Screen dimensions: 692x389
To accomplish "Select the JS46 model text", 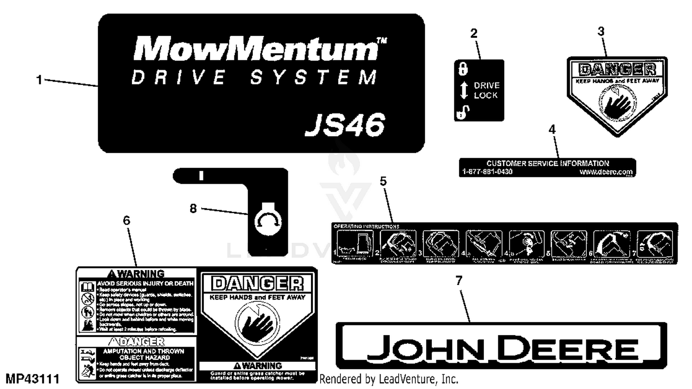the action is pos(345,125).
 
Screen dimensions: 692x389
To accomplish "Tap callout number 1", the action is pos(39,80).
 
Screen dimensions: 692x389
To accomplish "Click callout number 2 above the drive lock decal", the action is pos(474,33).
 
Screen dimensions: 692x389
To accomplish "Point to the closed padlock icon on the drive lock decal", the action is pos(463,69).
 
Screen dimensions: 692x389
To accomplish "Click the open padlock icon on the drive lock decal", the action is pos(463,112).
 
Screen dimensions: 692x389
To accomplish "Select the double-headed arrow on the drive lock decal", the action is pos(464,90).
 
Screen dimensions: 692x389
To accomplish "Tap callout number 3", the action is pos(601,31).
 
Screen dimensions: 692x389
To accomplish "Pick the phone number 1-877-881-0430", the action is pos(487,172).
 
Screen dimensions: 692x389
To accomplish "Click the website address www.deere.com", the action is pos(606,172).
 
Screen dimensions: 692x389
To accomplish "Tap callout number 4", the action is pos(552,130).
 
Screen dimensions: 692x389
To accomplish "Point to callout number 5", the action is pos(383,181).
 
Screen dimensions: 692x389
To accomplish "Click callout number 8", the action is pos(193,209).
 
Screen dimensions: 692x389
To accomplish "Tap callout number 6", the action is pos(126,221).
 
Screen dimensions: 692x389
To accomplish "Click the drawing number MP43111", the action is pos(32,379).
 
